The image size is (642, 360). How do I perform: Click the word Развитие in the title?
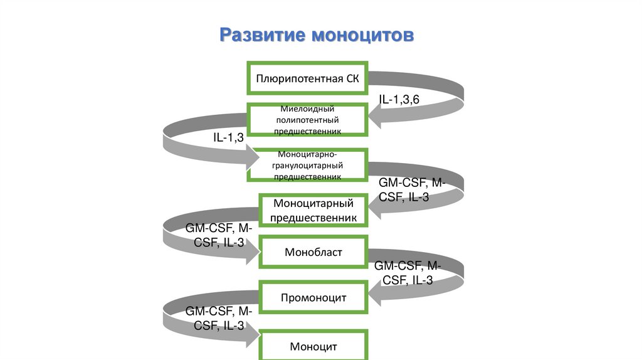(x=263, y=35)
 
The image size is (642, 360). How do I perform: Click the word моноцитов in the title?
(x=363, y=36)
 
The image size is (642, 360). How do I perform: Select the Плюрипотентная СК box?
(x=307, y=78)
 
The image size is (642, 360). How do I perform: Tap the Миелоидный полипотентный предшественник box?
(x=307, y=120)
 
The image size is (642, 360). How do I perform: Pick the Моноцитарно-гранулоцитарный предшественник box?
(x=307, y=165)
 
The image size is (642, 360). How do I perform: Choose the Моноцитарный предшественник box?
(x=313, y=210)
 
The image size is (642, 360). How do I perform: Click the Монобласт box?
(x=313, y=252)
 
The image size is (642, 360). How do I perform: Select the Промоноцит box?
(x=313, y=297)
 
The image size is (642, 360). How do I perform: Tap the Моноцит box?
(x=313, y=345)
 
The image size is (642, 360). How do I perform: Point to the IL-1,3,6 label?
(x=399, y=100)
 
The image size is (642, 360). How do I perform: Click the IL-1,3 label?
(x=228, y=137)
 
